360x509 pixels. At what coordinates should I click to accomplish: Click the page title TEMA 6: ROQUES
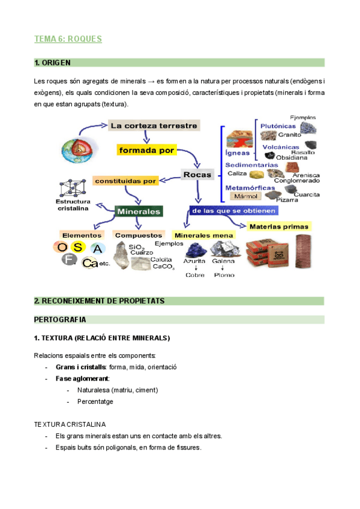coord(68,39)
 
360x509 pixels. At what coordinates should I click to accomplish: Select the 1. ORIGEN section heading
coord(53,62)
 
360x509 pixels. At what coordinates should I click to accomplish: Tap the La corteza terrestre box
coord(154,125)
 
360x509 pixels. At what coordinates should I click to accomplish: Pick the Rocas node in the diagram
coord(197,175)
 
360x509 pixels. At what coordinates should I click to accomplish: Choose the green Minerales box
coord(139,211)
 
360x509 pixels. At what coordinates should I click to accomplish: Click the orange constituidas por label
coord(125,180)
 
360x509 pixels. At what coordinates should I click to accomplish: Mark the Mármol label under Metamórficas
coord(245,196)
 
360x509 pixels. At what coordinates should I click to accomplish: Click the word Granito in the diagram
coord(289,134)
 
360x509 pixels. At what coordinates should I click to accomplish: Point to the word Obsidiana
coord(292,157)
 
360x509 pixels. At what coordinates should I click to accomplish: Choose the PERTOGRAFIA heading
coord(60,319)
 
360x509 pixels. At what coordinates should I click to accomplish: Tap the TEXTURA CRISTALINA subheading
coord(70,424)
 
